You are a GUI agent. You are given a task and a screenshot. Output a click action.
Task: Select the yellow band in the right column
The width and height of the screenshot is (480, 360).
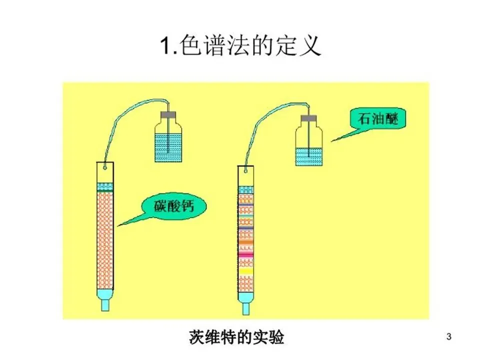[245, 272]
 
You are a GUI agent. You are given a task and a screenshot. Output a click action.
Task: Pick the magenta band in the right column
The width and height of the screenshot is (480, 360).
[245, 255]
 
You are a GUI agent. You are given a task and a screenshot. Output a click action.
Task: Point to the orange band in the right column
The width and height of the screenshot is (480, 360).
[245, 241]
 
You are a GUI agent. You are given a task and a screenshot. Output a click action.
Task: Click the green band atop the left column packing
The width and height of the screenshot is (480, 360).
[105, 190]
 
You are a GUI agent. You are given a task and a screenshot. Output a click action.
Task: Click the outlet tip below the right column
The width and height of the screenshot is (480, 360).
[245, 307]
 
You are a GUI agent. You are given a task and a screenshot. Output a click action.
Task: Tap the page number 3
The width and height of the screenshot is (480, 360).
[448, 337]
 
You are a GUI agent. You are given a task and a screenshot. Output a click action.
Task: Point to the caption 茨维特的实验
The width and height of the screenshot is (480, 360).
[237, 337]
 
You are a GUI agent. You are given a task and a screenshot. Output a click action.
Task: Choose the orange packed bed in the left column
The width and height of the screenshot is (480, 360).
[105, 240]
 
